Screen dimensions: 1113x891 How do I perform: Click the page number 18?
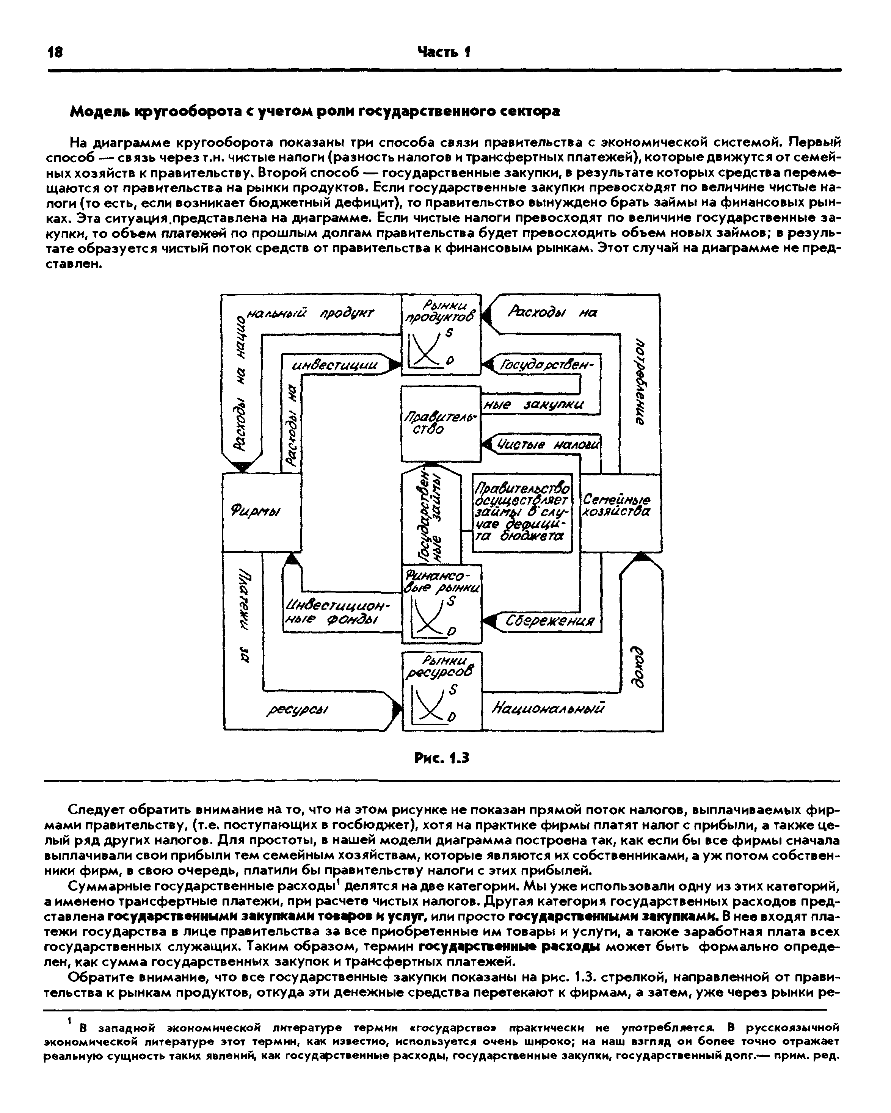click(x=54, y=52)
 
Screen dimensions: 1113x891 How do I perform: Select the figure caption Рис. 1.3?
click(x=442, y=758)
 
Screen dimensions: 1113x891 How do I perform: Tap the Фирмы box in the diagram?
click(x=261, y=513)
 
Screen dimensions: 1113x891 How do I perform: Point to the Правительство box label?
click(x=440, y=422)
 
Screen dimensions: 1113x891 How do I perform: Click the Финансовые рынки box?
click(x=441, y=604)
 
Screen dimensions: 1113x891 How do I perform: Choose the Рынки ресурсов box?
click(x=442, y=691)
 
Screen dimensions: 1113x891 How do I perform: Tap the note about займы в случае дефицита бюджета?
click(x=522, y=512)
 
